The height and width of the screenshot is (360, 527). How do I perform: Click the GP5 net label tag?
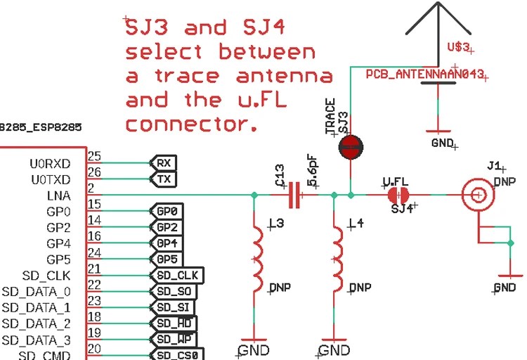[x=167, y=259]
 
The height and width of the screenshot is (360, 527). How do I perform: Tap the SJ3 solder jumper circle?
[x=351, y=146]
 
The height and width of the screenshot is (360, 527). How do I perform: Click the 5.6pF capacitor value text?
[x=313, y=169]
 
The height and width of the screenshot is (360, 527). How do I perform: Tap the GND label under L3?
[x=254, y=349]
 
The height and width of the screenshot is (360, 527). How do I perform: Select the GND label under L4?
[x=334, y=349]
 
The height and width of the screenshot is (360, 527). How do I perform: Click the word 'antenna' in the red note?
[x=285, y=75]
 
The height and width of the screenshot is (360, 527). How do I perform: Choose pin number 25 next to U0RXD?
[x=94, y=156]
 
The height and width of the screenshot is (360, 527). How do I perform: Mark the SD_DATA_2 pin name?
[x=36, y=323]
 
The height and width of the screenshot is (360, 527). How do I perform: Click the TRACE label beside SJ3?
[x=330, y=116]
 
